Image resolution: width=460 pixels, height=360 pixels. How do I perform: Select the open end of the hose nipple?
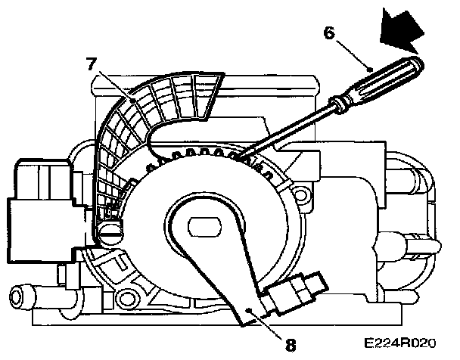[x=16, y=293]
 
